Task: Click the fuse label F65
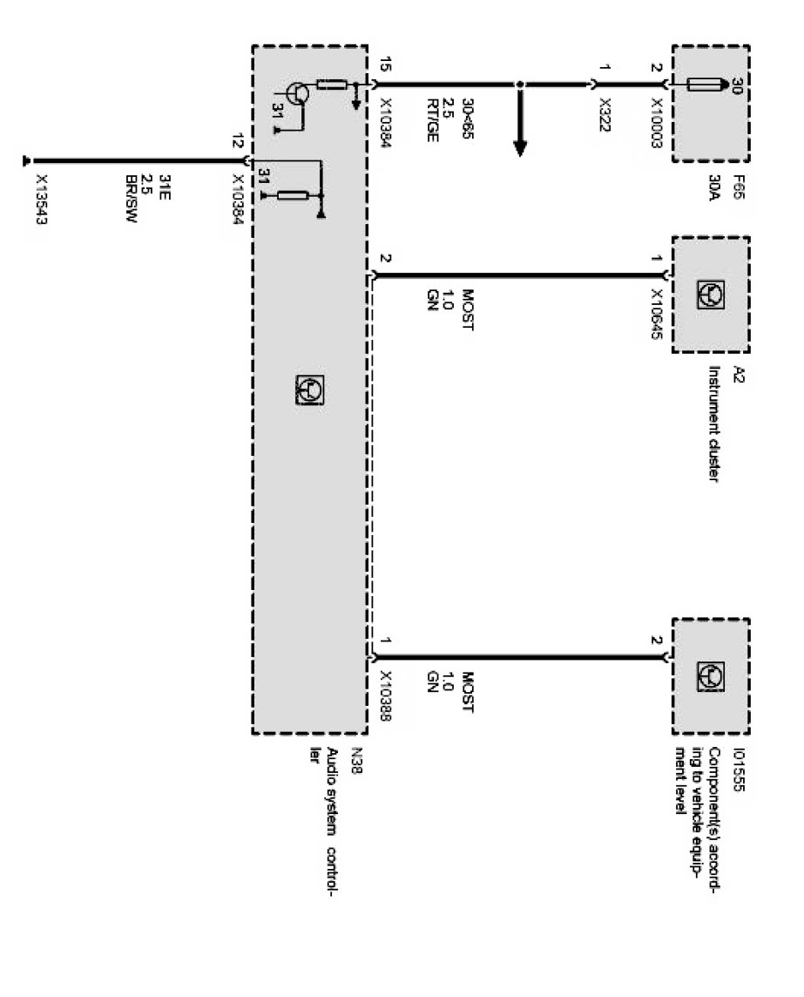point(736,186)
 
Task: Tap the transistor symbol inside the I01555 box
point(708,675)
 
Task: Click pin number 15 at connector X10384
point(386,65)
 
